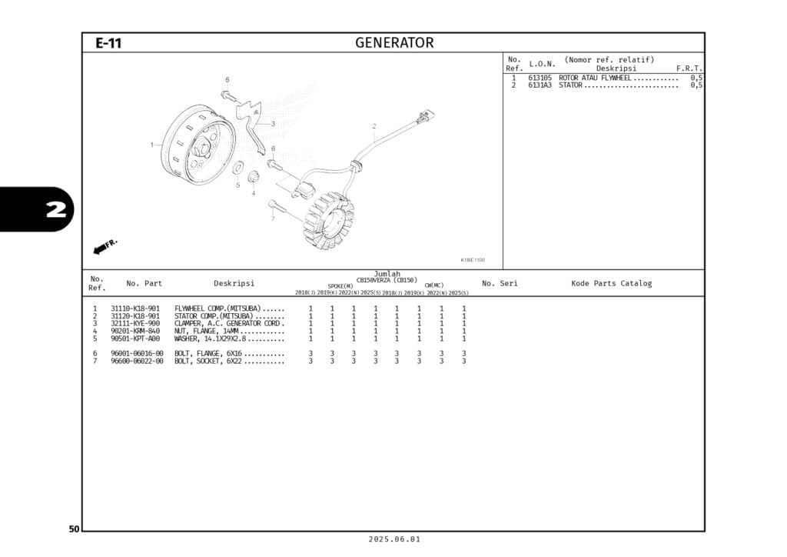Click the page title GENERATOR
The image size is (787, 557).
(393, 43)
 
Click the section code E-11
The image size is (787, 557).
(108, 44)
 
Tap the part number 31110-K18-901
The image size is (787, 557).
(135, 309)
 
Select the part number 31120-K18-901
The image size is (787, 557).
(135, 316)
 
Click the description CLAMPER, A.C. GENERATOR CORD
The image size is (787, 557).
(229, 324)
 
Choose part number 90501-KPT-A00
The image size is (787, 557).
(135, 339)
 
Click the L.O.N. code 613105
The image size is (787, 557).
(540, 78)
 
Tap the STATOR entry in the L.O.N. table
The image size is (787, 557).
(570, 85)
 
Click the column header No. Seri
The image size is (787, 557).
(500, 283)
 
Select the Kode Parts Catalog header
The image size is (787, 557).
(611, 283)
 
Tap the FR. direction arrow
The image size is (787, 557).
(104, 246)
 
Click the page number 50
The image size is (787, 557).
(74, 529)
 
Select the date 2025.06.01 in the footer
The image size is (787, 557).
(393, 540)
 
